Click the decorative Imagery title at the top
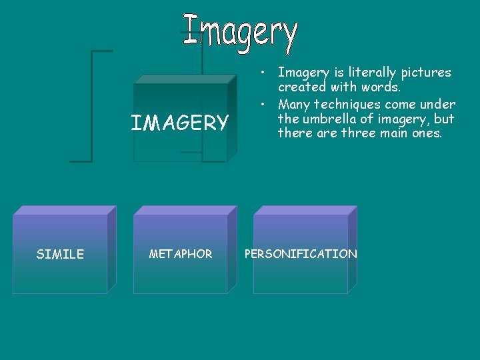[x=240, y=33]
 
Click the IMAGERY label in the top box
[x=179, y=123]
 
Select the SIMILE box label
[x=60, y=254]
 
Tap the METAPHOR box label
[x=181, y=254]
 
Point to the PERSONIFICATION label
[x=301, y=254]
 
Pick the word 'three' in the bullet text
[x=361, y=133]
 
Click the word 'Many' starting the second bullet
[x=294, y=104]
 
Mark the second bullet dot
[x=265, y=104]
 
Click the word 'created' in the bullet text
[x=301, y=87]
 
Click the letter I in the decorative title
[x=193, y=29]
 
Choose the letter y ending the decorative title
[x=288, y=37]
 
